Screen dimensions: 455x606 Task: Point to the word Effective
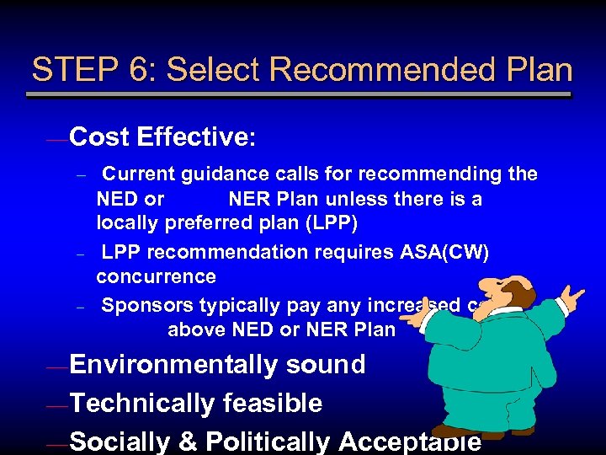(190, 136)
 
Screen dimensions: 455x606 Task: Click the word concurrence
(157, 276)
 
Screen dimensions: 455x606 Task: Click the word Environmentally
(173, 365)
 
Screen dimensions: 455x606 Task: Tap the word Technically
(142, 404)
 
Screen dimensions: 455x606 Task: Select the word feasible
(272, 404)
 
